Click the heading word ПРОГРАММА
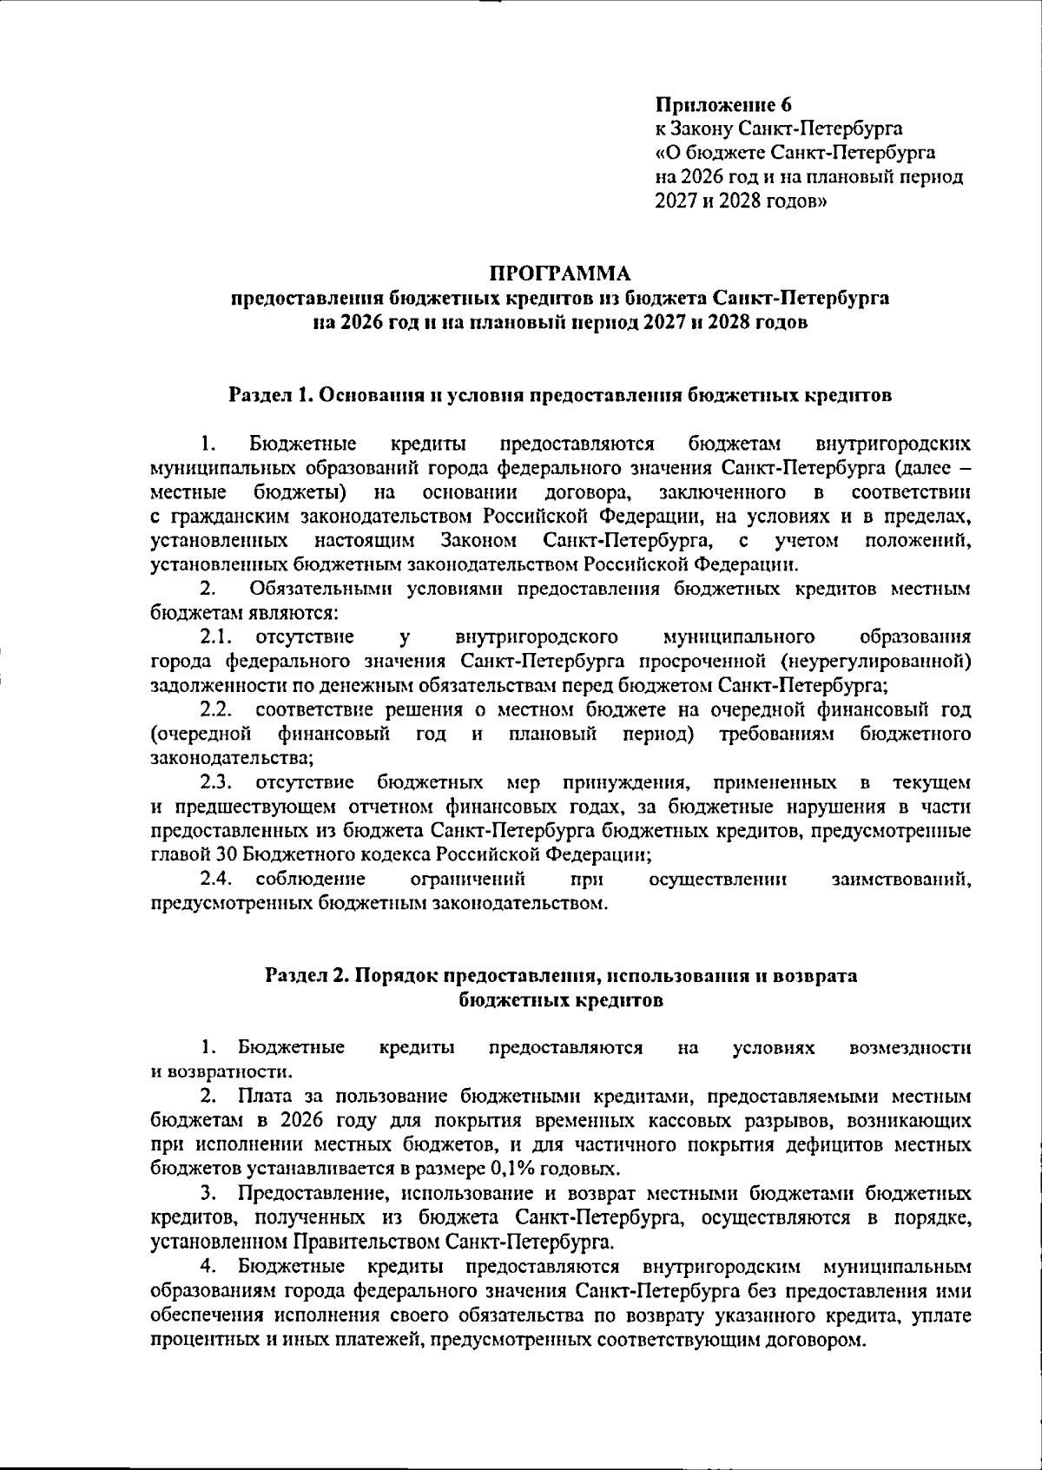(559, 274)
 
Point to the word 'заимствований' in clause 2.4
(900, 880)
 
